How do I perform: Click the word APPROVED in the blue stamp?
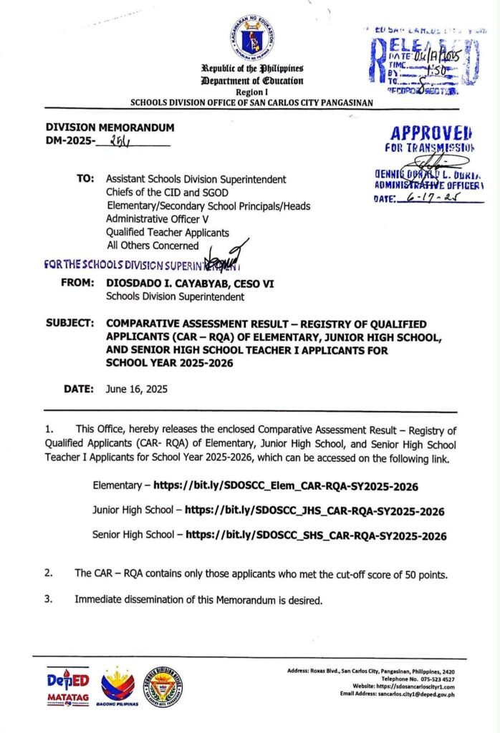click(432, 133)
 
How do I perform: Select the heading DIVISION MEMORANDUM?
click(110, 128)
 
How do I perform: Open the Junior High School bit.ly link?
click(314, 511)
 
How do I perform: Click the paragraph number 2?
click(49, 573)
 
